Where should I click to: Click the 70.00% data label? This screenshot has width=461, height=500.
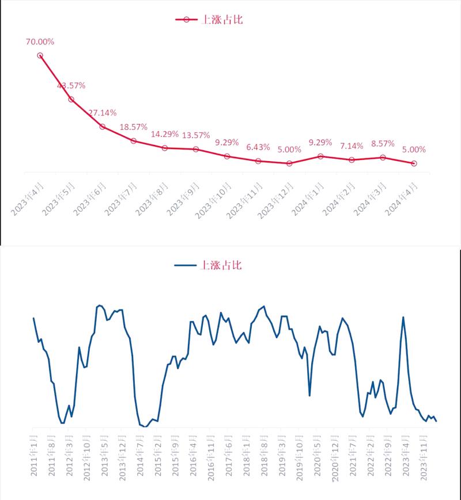pos(40,41)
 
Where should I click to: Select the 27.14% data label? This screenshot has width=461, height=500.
pos(102,112)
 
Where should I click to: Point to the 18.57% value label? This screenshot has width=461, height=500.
pos(133,127)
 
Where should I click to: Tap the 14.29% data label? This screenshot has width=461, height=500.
pos(164,134)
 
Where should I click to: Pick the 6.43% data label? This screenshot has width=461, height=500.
pos(258,147)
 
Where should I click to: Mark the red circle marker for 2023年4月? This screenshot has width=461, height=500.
pos(40,55)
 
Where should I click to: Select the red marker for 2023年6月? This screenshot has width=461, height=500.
pos(102,126)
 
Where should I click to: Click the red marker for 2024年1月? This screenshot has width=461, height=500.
pos(320,156)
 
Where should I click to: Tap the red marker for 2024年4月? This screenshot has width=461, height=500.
pos(414,163)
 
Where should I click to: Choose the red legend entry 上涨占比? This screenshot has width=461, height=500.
pos(211,20)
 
